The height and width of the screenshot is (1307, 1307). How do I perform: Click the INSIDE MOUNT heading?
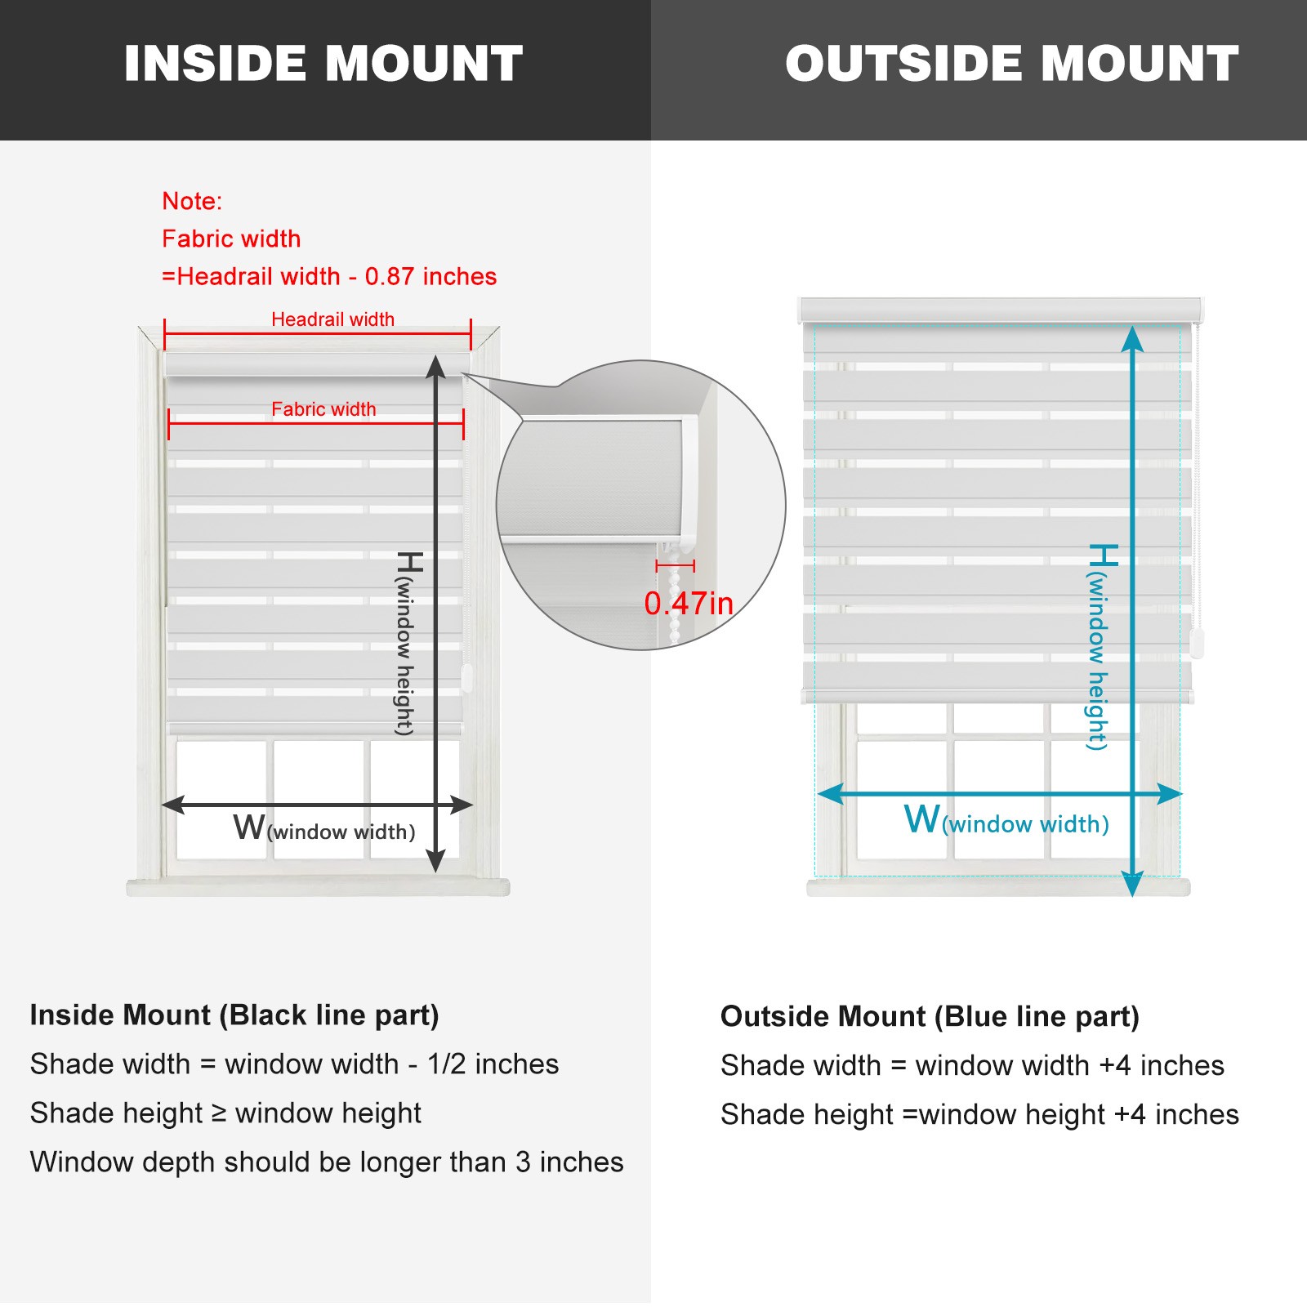(323, 64)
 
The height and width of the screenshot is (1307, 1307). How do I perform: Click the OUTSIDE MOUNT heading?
(1012, 64)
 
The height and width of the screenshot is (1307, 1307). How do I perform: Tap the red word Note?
(192, 201)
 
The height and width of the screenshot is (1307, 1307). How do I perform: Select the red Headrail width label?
(332, 319)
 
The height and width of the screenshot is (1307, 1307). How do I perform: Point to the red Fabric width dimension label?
(323, 409)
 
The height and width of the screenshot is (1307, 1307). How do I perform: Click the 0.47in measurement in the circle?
(689, 604)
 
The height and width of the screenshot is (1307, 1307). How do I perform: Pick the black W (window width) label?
(324, 827)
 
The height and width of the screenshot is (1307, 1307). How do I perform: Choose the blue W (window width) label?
(1006, 819)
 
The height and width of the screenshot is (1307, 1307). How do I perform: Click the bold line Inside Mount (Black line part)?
(234, 1015)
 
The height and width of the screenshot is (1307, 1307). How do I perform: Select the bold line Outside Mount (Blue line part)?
(930, 1017)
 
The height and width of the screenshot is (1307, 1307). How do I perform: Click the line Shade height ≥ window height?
(225, 1113)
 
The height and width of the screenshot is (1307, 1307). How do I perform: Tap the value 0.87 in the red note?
(390, 276)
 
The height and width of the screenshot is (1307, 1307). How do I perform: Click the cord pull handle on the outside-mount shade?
(1198, 644)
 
